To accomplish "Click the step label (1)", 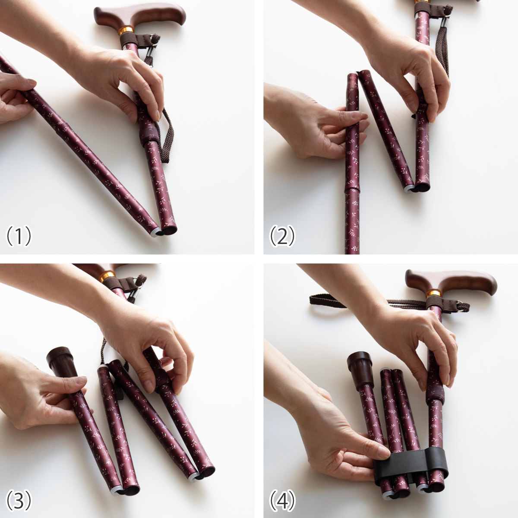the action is tap(19, 236).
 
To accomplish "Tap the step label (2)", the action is tap(282, 236).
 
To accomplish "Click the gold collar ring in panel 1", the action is tap(126, 30).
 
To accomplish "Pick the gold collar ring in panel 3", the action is tap(108, 277).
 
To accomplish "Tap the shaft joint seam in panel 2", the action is tap(352, 190).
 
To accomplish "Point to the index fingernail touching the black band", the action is tap(383, 454).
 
